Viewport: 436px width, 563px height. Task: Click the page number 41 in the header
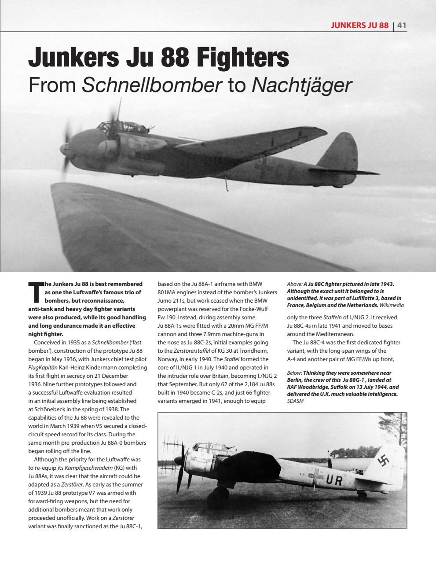pos(402,25)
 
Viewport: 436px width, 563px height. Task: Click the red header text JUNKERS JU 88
pos(359,25)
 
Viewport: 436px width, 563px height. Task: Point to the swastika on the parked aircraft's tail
pos(382,461)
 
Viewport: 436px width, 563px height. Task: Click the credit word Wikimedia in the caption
pos(392,305)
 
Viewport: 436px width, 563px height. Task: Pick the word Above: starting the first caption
pos(294,284)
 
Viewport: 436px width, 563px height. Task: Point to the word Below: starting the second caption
pos(294,373)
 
